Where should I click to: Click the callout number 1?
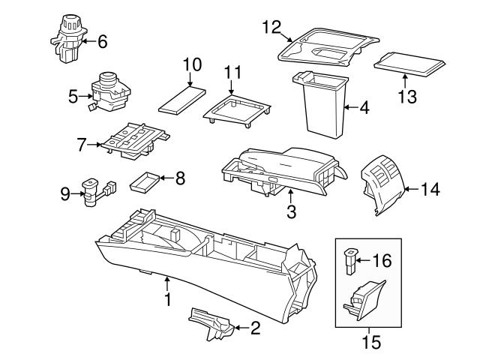point(168,300)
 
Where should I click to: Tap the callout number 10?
point(193,65)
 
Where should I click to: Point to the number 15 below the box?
point(370,342)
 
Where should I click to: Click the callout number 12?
point(270,28)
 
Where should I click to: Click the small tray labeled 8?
point(144,181)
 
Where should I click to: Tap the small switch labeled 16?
point(350,261)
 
